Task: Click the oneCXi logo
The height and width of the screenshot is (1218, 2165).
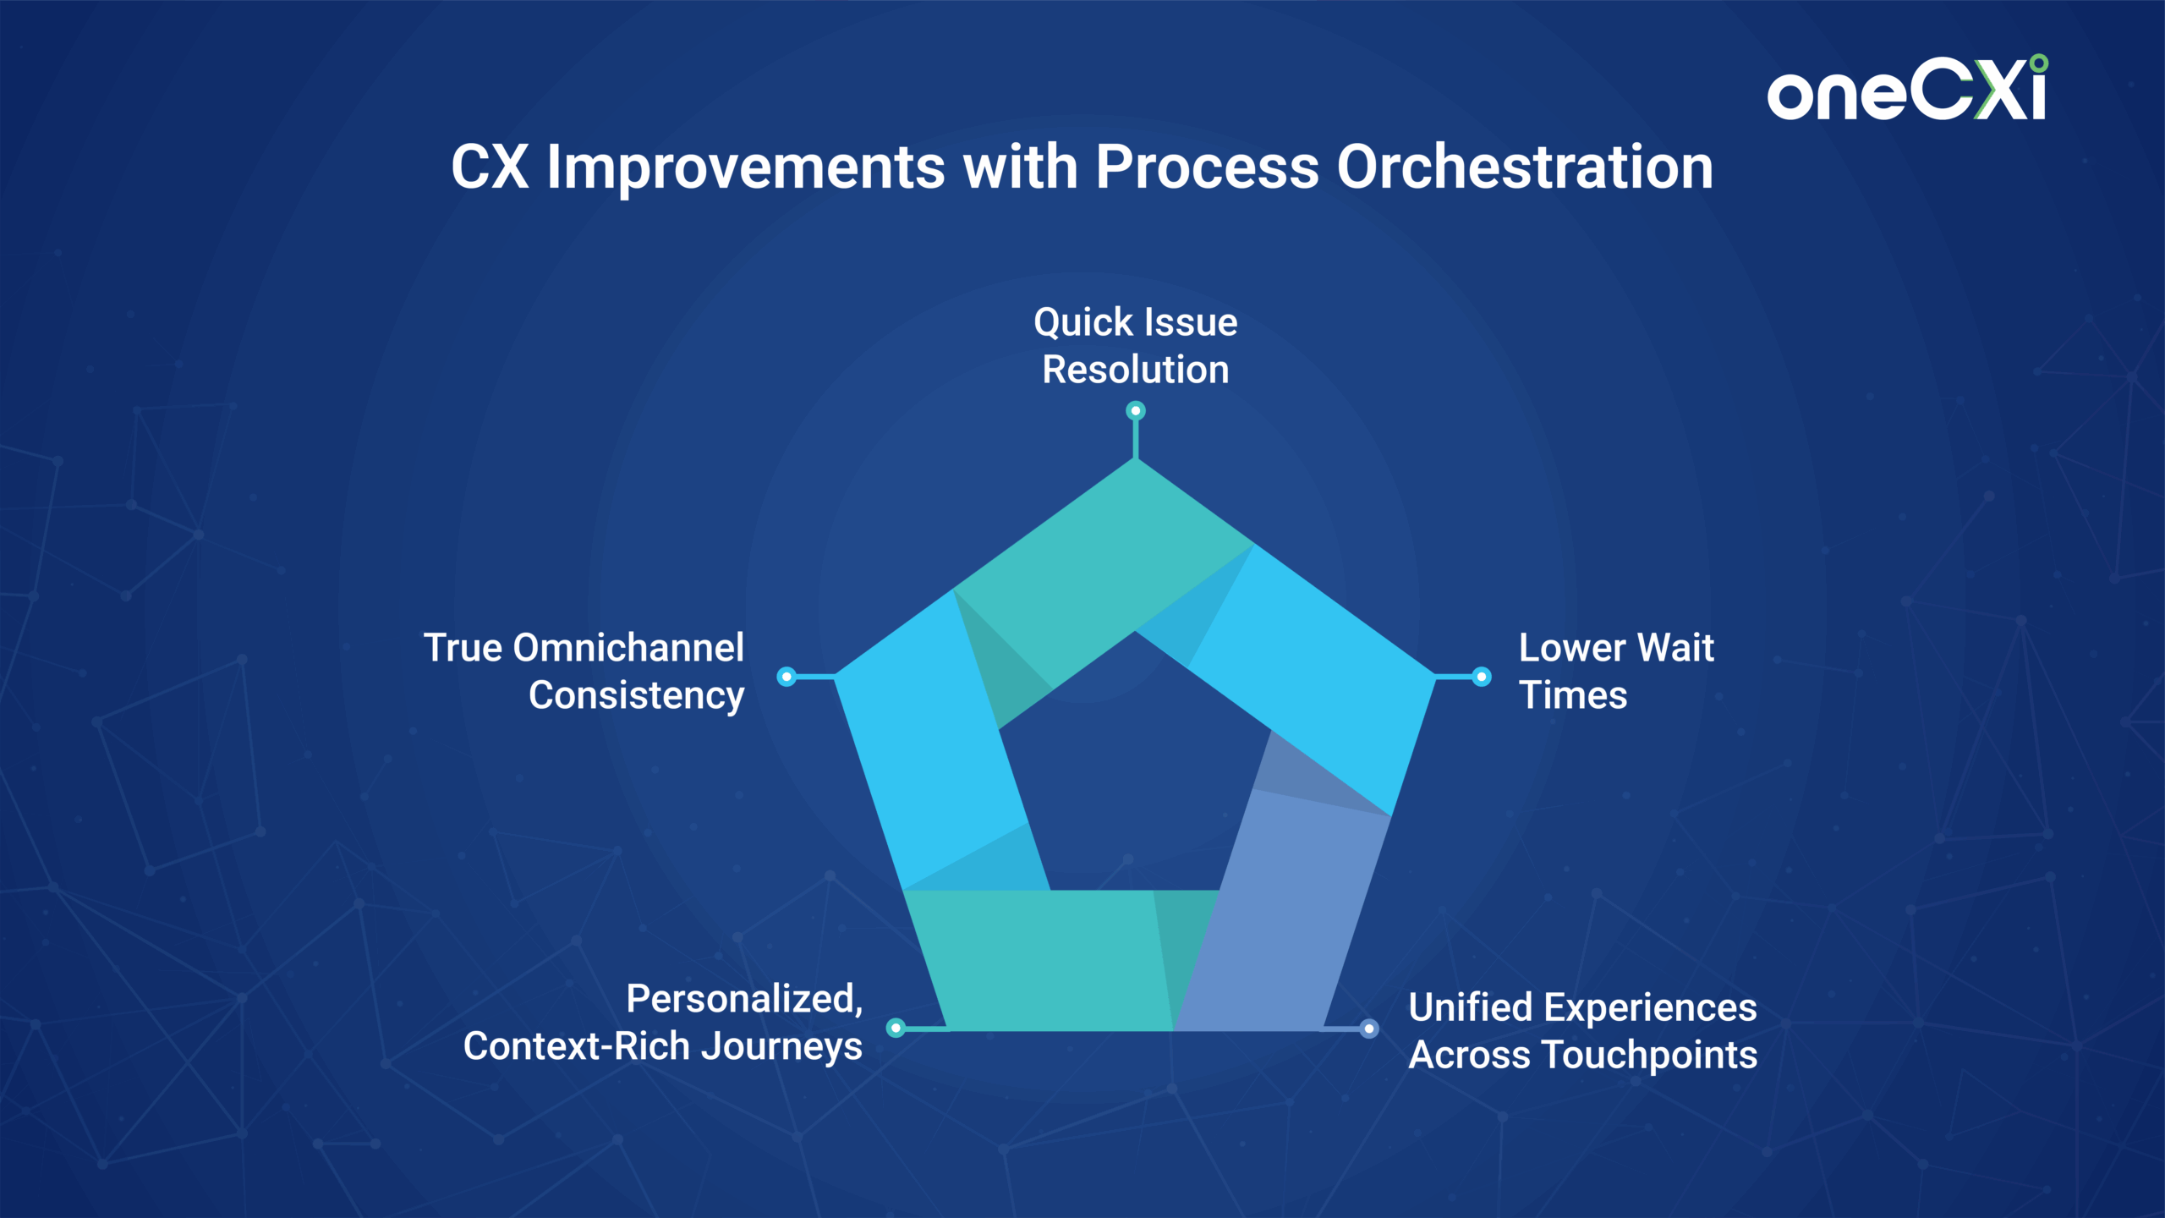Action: click(x=1907, y=88)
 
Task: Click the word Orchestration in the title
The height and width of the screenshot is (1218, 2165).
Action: click(x=1525, y=167)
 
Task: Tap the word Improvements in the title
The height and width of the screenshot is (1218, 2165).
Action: click(x=746, y=168)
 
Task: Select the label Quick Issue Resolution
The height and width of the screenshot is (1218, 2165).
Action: click(x=1136, y=346)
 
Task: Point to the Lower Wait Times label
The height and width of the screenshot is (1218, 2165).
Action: click(x=1616, y=672)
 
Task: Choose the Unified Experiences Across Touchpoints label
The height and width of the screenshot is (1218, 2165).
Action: click(x=1583, y=1031)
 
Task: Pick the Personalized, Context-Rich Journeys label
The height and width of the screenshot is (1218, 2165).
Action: click(x=663, y=1023)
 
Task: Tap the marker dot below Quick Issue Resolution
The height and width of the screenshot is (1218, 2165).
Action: click(x=1136, y=411)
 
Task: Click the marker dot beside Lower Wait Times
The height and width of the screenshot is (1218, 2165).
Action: click(x=1482, y=677)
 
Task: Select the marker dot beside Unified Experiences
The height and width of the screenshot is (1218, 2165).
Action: click(x=1369, y=1029)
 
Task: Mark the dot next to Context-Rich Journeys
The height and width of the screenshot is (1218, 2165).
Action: click(x=896, y=1028)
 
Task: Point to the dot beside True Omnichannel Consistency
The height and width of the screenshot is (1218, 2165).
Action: click(x=787, y=677)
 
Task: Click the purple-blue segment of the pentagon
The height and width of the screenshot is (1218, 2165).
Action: click(x=1285, y=913)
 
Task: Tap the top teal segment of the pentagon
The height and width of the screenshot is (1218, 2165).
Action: click(x=1099, y=575)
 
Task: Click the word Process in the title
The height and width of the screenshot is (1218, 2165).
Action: click(x=1207, y=167)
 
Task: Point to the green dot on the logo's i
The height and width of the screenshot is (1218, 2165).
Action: click(x=2039, y=63)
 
